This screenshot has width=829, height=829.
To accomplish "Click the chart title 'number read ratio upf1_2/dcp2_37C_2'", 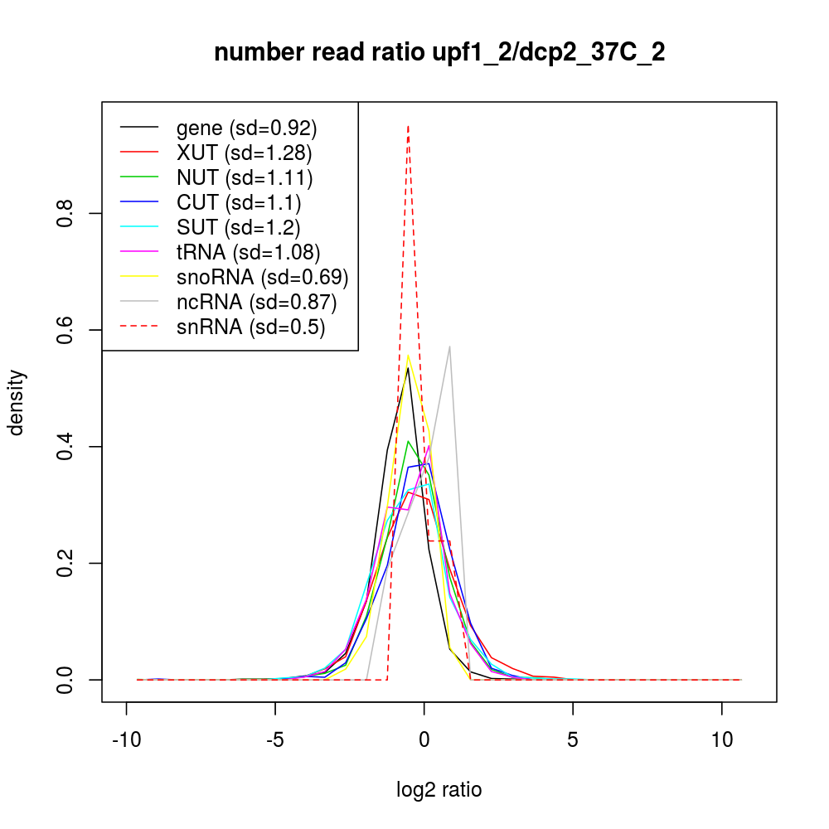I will [439, 53].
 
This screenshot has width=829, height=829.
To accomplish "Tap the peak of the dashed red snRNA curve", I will [408, 126].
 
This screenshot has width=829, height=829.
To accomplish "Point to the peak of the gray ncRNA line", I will [449, 347].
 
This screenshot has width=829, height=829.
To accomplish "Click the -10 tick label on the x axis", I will [126, 740].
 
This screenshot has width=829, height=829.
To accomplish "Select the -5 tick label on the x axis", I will [275, 740].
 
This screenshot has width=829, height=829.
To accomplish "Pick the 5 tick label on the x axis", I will [573, 740].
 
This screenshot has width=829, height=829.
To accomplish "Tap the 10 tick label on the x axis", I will [721, 740].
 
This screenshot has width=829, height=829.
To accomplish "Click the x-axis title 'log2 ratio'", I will [439, 790].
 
